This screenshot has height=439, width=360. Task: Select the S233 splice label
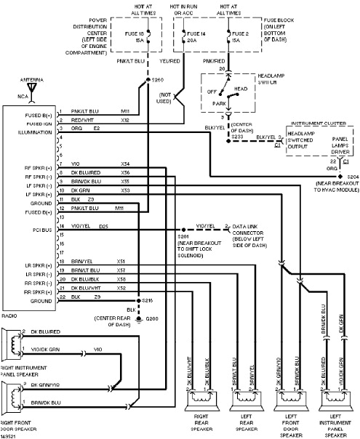click(x=237, y=136)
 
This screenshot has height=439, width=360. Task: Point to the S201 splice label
click(x=182, y=236)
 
